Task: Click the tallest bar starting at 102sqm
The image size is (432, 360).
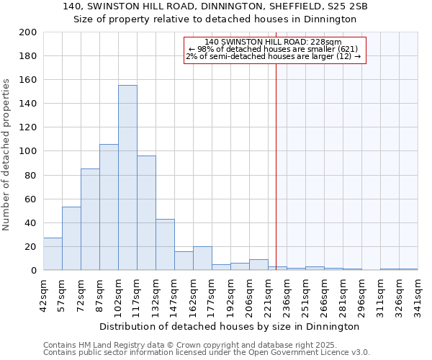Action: click(127, 178)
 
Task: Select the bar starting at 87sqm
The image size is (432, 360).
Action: click(109, 207)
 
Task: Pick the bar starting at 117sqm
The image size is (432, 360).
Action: click(146, 213)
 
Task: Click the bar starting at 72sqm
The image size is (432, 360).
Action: click(90, 220)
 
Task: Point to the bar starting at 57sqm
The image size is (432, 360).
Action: click(71, 238)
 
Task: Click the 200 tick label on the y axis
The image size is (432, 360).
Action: click(28, 32)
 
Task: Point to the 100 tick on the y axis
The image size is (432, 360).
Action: click(28, 151)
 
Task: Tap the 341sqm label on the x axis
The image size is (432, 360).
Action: click(418, 296)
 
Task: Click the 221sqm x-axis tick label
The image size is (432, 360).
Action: click(268, 296)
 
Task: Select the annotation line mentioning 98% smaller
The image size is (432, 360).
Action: click(273, 49)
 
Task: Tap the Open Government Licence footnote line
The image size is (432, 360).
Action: click(207, 353)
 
